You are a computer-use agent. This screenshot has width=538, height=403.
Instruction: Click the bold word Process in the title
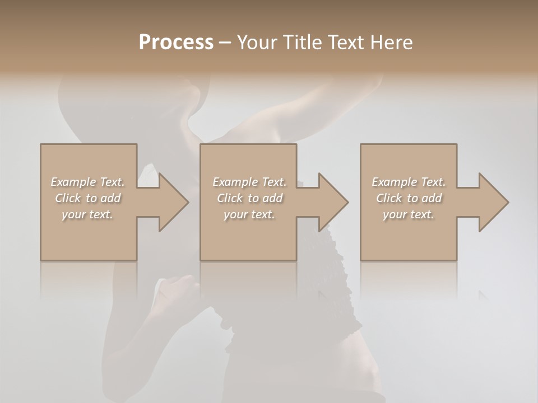[176, 43]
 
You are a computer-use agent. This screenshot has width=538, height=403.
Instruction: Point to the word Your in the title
[258, 43]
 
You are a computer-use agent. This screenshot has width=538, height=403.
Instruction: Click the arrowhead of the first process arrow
[174, 202]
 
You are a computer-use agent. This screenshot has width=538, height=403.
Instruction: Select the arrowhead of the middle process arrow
[333, 202]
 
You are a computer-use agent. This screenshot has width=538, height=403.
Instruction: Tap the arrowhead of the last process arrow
[494, 202]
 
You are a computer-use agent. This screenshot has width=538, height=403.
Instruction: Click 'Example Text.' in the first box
[88, 182]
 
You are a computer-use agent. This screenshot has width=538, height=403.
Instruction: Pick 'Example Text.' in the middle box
[249, 182]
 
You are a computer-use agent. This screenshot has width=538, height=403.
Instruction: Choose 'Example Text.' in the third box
[409, 182]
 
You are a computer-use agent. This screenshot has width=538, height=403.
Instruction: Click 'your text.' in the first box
[88, 214]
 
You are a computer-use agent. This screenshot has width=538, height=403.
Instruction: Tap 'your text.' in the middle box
[249, 214]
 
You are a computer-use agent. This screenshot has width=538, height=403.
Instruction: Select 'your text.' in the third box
[409, 214]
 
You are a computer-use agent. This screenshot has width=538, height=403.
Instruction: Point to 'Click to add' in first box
[88, 198]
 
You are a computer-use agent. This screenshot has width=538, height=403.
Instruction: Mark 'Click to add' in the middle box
[249, 198]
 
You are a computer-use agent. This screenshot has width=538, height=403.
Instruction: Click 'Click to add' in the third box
[409, 198]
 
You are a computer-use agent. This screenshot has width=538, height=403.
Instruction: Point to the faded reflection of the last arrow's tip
[483, 294]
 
